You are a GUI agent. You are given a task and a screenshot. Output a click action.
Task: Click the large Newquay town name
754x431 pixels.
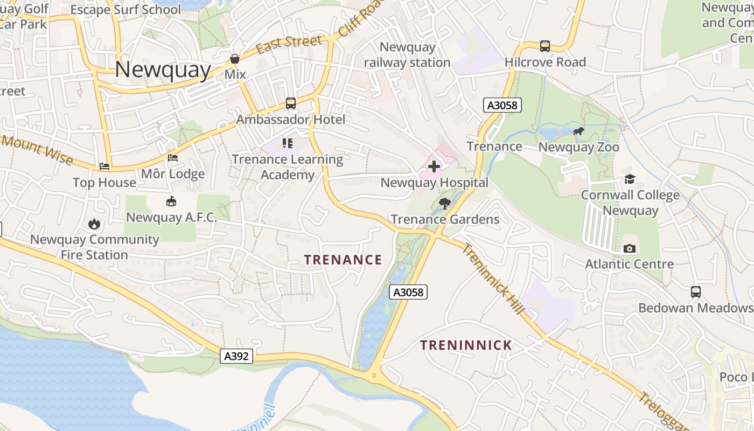click(163, 70)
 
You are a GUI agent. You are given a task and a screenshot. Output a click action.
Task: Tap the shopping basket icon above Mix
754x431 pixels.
click(235, 59)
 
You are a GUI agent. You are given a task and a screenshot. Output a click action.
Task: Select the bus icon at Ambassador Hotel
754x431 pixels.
click(291, 103)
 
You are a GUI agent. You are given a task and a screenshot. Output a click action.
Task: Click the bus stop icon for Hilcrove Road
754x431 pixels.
click(545, 46)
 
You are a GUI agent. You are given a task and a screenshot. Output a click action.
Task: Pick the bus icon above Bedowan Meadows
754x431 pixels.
click(696, 292)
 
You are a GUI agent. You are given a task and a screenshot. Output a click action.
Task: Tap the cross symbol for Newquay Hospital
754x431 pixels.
click(434, 166)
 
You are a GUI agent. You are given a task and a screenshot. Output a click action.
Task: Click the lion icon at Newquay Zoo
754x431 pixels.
click(578, 131)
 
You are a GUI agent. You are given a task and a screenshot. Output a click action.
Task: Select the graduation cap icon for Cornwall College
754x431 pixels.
click(630, 179)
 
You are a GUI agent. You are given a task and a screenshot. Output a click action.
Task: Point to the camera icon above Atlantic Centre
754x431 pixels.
click(629, 248)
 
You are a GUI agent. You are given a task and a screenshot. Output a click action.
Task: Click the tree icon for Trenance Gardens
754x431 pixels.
click(445, 203)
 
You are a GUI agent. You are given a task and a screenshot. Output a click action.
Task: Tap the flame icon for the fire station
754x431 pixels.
click(95, 224)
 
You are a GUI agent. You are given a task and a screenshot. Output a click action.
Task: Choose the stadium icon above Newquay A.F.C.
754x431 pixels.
click(171, 201)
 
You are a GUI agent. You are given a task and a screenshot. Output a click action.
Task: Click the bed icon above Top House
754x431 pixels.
click(104, 166)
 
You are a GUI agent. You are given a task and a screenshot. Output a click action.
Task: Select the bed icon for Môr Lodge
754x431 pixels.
click(173, 158)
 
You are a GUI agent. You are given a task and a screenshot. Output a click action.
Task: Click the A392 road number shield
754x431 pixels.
click(236, 356)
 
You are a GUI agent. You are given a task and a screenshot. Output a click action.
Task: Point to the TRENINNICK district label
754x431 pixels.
click(466, 345)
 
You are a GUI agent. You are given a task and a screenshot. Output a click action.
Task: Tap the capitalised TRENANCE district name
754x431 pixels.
click(343, 260)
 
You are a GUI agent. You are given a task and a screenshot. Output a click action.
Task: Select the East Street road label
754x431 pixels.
click(289, 45)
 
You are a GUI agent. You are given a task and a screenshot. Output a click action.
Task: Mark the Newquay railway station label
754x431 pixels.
click(407, 55)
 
